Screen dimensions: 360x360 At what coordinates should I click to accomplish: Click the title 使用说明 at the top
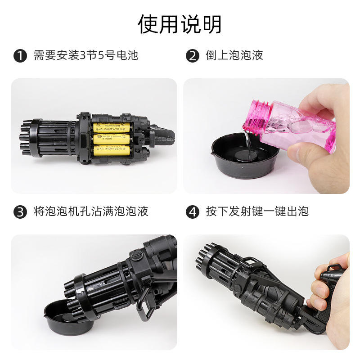coord(180,24)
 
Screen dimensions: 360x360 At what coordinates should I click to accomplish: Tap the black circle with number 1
coord(20,56)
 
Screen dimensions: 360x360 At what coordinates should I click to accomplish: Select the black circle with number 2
coord(193,56)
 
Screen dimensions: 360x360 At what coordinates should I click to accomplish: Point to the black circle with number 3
coord(20,211)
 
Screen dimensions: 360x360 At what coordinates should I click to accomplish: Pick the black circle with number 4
coord(193,211)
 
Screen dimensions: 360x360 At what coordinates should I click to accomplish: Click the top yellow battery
coord(112,128)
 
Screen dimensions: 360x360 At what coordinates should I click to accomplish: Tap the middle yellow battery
coord(111,139)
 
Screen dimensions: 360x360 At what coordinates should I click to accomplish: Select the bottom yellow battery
coord(111,150)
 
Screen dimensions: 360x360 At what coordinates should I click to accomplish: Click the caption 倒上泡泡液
coord(234,55)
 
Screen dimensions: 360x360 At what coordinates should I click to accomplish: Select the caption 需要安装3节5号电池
coord(86,55)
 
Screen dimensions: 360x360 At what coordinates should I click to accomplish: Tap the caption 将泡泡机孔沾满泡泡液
coord(91,211)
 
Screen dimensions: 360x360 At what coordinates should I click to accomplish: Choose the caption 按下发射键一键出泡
coord(257,211)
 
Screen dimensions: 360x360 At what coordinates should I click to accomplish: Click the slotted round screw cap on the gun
coord(136,256)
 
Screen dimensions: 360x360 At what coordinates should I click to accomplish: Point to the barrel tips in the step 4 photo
coord(203,257)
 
